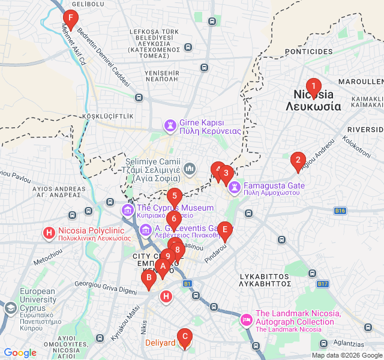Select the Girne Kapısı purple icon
point(170,126)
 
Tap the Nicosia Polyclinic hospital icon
point(49,232)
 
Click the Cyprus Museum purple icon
point(127,210)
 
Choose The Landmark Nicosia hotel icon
point(246,320)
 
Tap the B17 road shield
point(323,283)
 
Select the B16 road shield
point(341,211)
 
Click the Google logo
point(20,353)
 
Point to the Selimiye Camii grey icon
point(190,169)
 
